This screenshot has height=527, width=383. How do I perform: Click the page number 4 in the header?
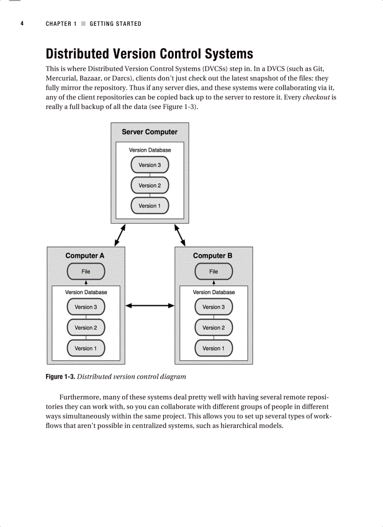click(22, 23)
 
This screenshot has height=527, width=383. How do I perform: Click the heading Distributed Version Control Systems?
click(149, 54)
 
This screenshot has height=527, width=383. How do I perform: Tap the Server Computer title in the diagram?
click(150, 132)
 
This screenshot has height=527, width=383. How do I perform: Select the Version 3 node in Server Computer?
click(150, 165)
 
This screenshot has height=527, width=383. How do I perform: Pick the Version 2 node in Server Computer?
click(150, 185)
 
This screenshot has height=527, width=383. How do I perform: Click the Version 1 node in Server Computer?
click(150, 206)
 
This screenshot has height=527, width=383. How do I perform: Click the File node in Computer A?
click(86, 271)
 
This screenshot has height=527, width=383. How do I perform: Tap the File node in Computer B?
click(214, 271)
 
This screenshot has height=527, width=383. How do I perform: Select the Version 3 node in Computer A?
click(86, 307)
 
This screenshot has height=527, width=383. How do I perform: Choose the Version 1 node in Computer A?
click(86, 348)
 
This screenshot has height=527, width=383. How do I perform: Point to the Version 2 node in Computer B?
click(214, 328)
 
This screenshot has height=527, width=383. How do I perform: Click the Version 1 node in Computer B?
click(214, 348)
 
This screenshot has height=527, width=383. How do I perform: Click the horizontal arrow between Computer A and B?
click(150, 306)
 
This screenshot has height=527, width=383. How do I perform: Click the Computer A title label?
click(85, 256)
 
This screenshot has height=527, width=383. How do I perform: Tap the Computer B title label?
click(213, 256)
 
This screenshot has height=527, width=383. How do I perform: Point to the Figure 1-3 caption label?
click(60, 377)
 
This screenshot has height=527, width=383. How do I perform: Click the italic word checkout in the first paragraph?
click(316, 98)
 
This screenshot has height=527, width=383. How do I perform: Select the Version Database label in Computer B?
click(214, 292)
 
